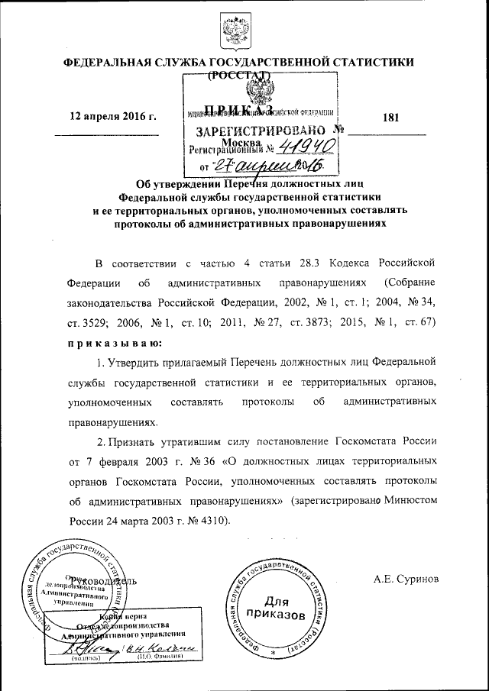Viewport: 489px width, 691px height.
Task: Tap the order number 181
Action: (390, 117)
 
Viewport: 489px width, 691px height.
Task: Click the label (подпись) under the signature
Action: (83, 657)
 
